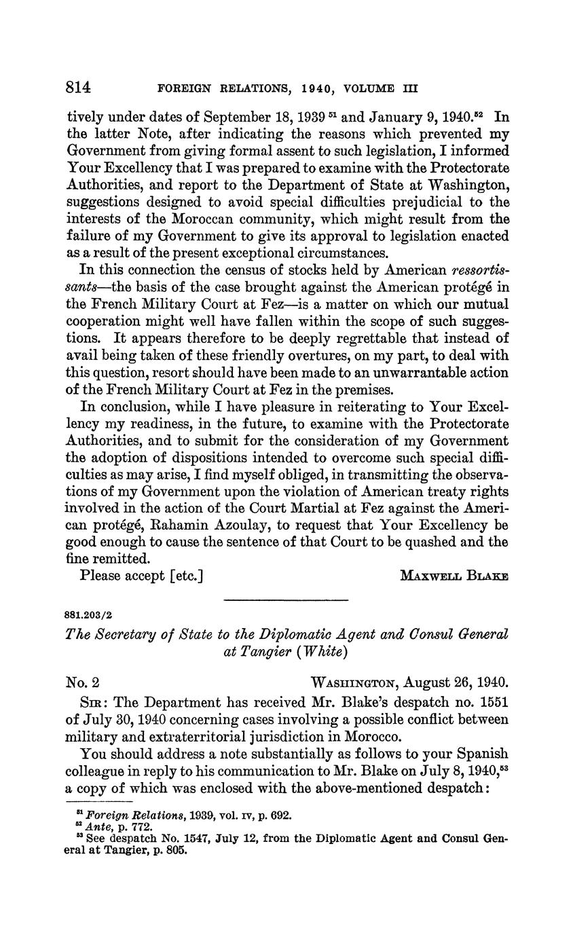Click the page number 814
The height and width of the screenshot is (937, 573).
click(x=79, y=88)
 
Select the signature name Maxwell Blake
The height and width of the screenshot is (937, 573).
click(x=454, y=576)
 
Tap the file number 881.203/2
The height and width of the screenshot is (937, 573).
click(x=90, y=615)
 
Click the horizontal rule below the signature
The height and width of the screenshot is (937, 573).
click(x=285, y=600)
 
